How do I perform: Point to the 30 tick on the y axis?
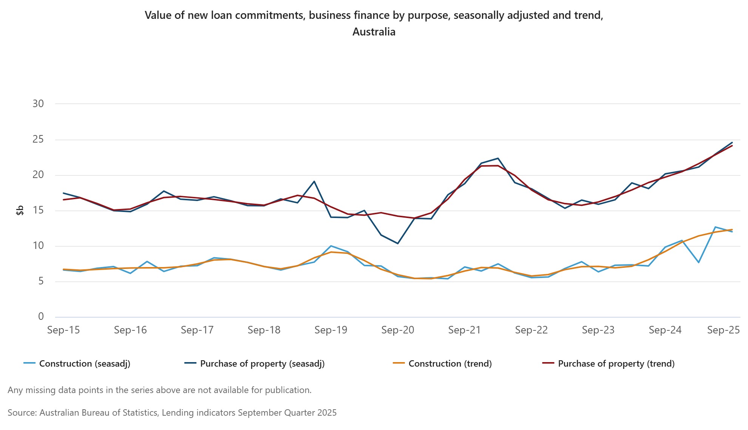point(38,104)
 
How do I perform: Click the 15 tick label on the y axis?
point(38,210)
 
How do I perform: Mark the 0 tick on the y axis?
point(41,317)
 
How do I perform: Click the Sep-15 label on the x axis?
point(63,330)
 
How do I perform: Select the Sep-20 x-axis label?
point(398,330)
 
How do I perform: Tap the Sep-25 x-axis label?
point(723,330)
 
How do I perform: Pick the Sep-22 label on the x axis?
point(532,330)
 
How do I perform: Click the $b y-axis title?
point(20,210)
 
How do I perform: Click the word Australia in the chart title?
point(374,32)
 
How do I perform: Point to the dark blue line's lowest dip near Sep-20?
point(398,243)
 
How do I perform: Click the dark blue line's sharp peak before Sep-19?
point(314,181)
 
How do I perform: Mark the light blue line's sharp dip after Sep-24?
point(699,263)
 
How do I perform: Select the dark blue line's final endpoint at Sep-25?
point(732,143)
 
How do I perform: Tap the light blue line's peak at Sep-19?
point(331,246)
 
